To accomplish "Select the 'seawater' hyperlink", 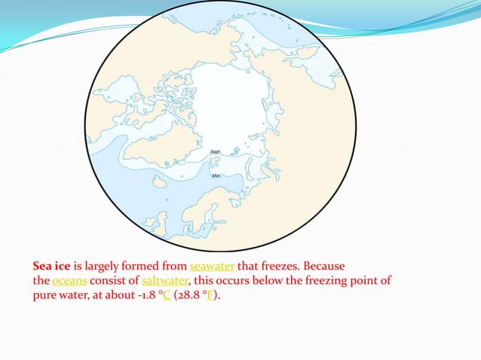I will [213, 266].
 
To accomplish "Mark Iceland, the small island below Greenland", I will [159, 182].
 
